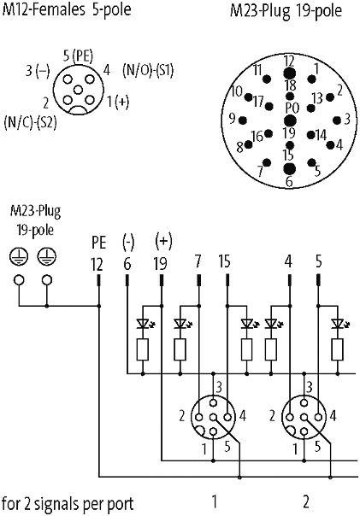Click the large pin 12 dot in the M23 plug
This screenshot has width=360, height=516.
coord(290,73)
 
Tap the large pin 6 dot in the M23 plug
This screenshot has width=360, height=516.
coord(290,169)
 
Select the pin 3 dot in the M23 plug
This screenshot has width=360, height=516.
coord(337,120)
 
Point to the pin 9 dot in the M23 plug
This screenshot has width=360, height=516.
coord(243,120)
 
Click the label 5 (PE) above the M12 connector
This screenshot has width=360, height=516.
coord(78,56)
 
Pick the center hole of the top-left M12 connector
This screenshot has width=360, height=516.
coord(78,90)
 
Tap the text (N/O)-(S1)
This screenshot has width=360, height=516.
coord(148,70)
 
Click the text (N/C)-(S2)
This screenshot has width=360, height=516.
coord(30,122)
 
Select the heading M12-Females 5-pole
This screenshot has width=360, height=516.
coord(67,9)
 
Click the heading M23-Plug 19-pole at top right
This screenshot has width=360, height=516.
coord(286,10)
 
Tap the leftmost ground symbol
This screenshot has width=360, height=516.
coord(19,255)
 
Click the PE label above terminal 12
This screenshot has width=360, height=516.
coord(99,243)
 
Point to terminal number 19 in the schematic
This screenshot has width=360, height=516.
coord(161,264)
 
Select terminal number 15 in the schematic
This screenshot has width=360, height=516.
coord(225,261)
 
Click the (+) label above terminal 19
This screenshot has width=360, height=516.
coord(163,241)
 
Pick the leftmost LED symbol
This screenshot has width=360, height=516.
coord(143,324)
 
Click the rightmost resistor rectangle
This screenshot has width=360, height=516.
coord(337,349)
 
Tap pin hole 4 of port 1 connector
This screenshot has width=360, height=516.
coord(227,417)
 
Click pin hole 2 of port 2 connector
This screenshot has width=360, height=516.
coord(290,417)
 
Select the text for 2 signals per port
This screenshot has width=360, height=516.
coord(68,504)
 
